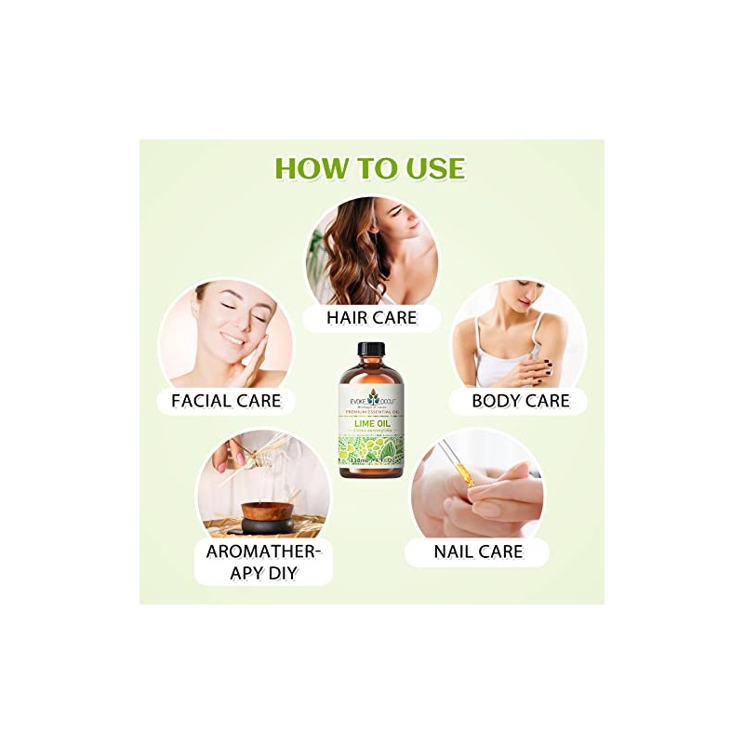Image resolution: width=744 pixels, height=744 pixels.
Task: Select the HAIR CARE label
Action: click(371, 317)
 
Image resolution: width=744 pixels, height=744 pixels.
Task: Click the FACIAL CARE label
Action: click(225, 402)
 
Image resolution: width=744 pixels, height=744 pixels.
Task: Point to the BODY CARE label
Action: click(520, 402)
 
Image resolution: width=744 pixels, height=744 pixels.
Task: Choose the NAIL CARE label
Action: click(478, 551)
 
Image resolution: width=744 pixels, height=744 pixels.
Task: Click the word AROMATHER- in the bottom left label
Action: click(263, 551)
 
